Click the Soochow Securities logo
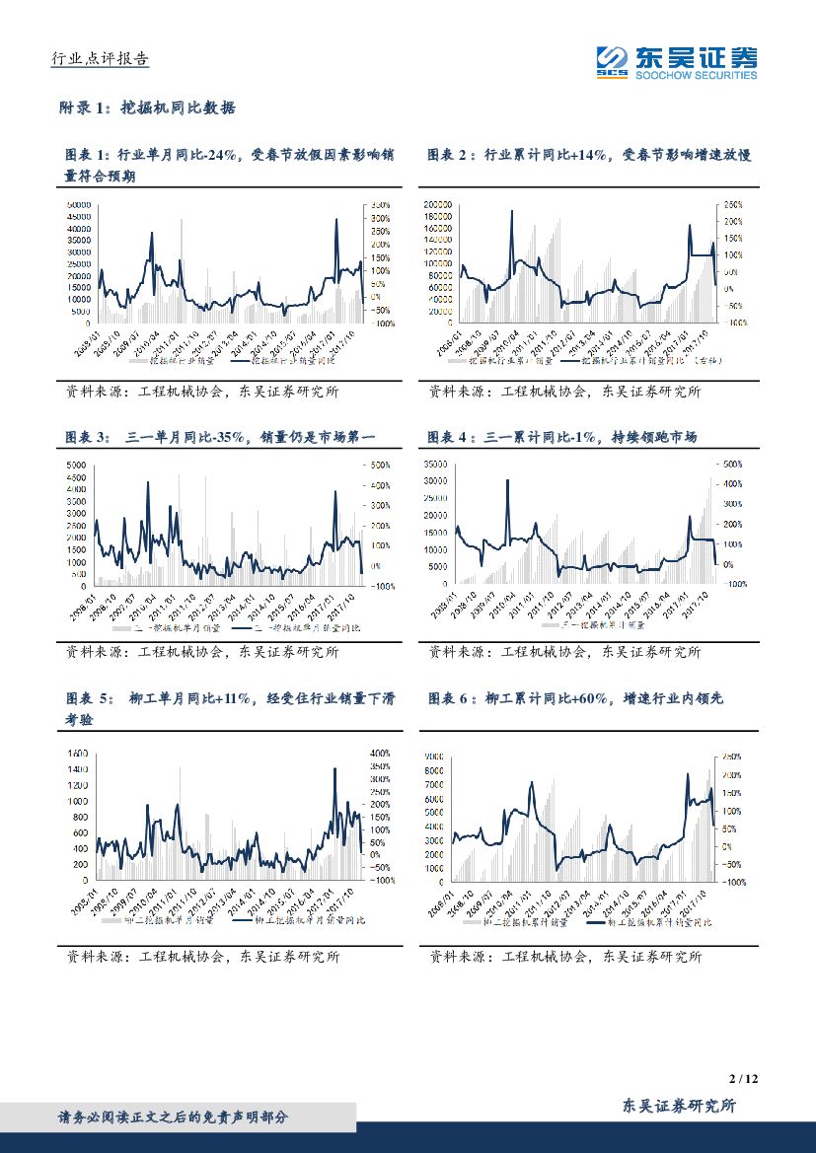[677, 62]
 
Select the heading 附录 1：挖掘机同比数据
[148, 108]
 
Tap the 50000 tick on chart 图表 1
[80, 205]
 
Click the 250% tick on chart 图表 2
[731, 204]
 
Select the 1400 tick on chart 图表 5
[77, 753]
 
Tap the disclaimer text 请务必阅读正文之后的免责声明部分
[173, 1117]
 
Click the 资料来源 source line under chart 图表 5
[202, 956]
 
